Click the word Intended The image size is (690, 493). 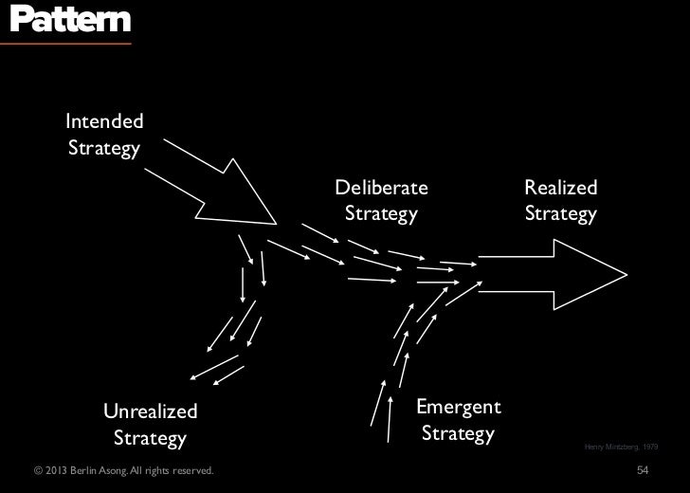[x=104, y=121]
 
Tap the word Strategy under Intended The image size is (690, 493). [x=103, y=149]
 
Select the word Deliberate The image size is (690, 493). [x=381, y=187]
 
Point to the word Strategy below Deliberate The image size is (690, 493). [x=381, y=213]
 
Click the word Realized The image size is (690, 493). [x=561, y=187]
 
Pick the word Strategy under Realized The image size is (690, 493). [x=561, y=213]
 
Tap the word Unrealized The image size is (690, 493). [x=151, y=411]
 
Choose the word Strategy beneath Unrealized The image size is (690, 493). [x=151, y=438]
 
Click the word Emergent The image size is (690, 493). [x=459, y=407]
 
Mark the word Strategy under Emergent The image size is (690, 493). [x=459, y=434]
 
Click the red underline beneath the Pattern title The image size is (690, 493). [x=65, y=43]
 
